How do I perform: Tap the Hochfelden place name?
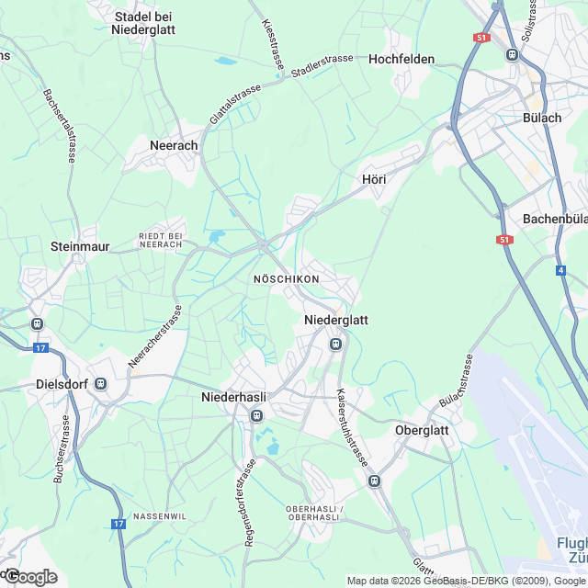(x=401, y=59)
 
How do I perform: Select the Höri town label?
(x=374, y=179)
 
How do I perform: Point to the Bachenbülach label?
(x=555, y=219)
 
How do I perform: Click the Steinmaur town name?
(x=80, y=246)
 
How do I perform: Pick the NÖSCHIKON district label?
(x=286, y=278)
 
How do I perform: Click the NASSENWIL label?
(x=160, y=516)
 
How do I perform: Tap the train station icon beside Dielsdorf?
(x=100, y=384)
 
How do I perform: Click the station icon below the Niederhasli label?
(x=257, y=416)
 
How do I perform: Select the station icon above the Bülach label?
(x=512, y=54)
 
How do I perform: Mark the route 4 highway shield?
(x=560, y=271)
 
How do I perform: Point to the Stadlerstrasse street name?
(x=322, y=65)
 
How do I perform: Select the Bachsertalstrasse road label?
(x=58, y=126)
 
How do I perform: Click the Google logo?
(x=30, y=577)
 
